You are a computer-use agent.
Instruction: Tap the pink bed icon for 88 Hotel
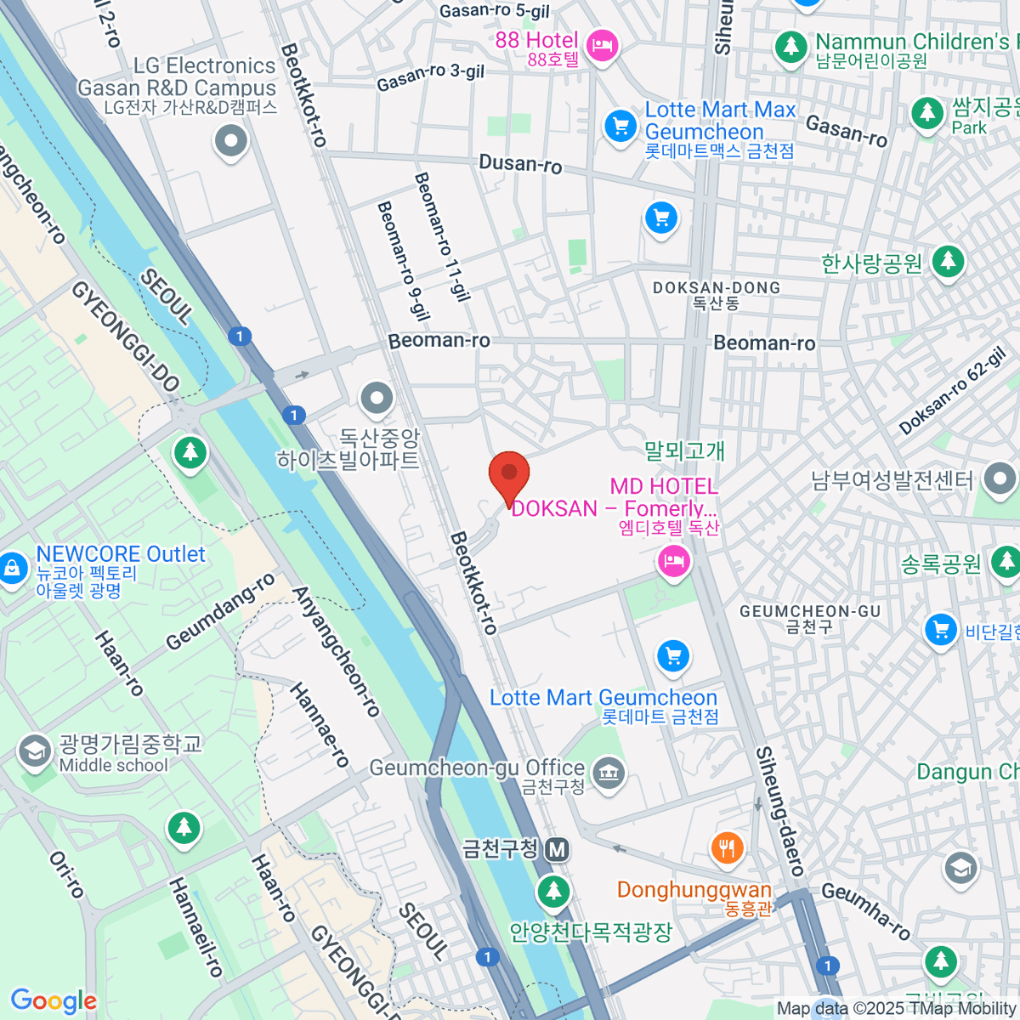tap(603, 45)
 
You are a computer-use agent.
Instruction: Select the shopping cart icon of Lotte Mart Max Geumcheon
tap(620, 127)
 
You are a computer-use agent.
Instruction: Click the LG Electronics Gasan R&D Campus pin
tap(230, 142)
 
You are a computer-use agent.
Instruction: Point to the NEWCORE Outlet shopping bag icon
tap(12, 567)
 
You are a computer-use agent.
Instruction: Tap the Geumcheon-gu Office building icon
tap(609, 773)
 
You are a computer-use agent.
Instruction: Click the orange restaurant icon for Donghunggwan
tap(727, 847)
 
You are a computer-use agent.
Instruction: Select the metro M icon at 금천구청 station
tap(558, 848)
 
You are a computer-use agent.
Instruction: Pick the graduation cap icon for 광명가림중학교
tap(35, 751)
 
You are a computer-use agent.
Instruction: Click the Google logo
tap(54, 1001)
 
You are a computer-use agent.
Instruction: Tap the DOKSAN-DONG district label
tap(716, 288)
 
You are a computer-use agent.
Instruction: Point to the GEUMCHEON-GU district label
tap(809, 611)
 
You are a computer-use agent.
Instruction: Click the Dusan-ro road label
tap(520, 163)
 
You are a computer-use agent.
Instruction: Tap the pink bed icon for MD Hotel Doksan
tap(673, 562)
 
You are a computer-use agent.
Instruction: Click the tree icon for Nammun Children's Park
tap(791, 46)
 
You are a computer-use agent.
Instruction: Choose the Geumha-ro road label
tap(866, 909)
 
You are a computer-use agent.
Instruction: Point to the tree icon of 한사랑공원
tap(948, 262)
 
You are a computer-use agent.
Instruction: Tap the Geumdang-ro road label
tap(220, 611)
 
